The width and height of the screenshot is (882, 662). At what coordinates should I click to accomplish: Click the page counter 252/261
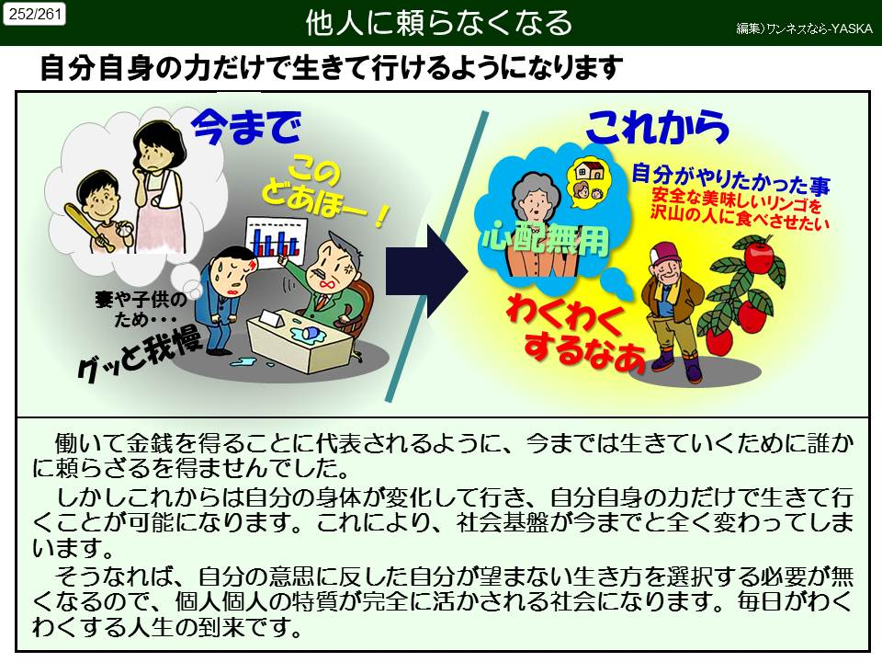click(34, 14)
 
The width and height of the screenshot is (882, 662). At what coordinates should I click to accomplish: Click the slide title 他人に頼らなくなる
click(439, 23)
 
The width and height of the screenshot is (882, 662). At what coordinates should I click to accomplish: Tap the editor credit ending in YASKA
click(805, 29)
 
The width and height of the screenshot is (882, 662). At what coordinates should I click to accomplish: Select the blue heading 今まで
click(246, 127)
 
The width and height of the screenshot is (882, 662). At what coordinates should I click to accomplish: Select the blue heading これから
click(657, 127)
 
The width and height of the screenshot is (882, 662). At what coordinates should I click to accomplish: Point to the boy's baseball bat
click(88, 226)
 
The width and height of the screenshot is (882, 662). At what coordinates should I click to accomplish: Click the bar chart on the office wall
click(277, 242)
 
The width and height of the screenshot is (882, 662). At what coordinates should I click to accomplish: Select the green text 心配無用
click(545, 240)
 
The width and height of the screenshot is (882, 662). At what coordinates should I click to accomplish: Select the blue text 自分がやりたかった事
click(730, 179)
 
